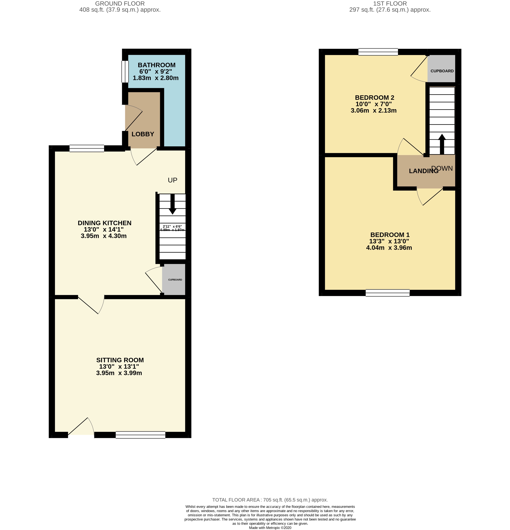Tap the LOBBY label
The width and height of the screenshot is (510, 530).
coord(143,134)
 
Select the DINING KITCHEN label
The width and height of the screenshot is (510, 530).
coord(105,223)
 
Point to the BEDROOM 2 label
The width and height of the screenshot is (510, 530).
coord(374,98)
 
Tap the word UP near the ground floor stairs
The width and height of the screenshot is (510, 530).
coord(172,180)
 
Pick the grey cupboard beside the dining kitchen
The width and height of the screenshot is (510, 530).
coord(174,280)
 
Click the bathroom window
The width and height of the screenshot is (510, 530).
coord(125,71)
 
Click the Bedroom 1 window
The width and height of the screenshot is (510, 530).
coord(387,293)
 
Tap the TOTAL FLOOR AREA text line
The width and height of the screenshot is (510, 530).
coord(270,500)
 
